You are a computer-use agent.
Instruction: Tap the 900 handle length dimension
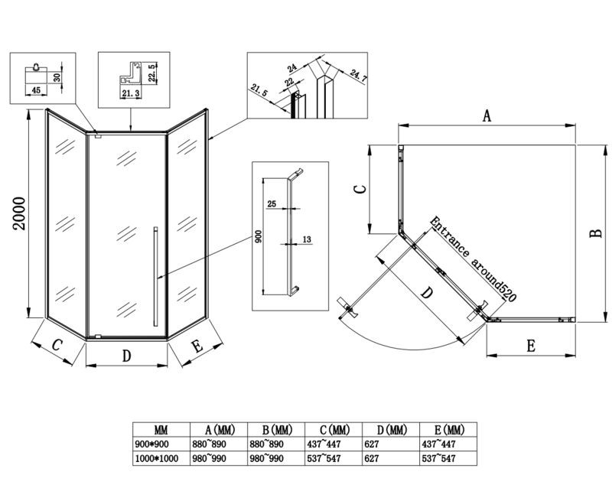(259, 237)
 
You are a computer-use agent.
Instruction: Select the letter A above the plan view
(486, 115)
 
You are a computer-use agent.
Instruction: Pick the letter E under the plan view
(530, 345)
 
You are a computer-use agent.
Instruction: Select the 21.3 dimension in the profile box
(131, 93)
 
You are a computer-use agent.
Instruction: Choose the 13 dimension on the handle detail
(307, 240)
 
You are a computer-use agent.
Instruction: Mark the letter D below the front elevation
(128, 355)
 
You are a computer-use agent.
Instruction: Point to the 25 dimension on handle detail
(272, 204)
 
